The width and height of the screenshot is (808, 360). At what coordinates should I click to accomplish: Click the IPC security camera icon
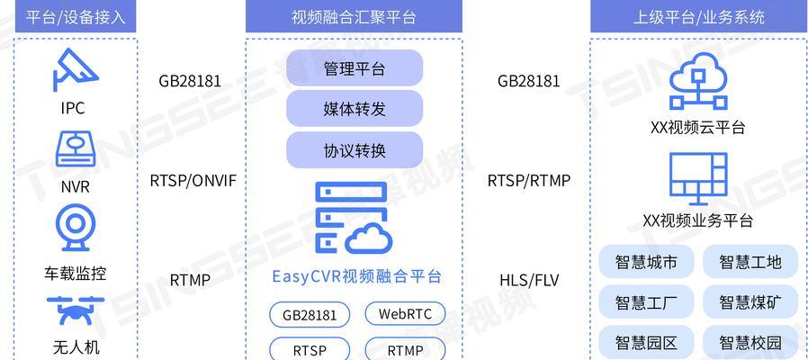click(75, 69)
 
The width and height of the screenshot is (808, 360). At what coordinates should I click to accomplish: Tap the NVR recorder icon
click(76, 149)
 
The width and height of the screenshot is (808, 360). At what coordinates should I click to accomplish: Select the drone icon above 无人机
click(76, 311)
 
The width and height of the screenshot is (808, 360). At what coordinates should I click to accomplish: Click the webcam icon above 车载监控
click(76, 228)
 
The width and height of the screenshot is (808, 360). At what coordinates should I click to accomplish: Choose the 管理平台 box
click(355, 68)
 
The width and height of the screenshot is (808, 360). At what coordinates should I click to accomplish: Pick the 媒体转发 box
click(355, 109)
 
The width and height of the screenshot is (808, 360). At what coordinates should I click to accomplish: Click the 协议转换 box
click(355, 150)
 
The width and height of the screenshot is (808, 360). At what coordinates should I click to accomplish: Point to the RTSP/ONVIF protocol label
click(193, 181)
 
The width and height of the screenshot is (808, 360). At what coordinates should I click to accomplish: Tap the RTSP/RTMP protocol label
click(529, 181)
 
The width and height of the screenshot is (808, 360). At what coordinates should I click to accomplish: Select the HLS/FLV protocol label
click(529, 280)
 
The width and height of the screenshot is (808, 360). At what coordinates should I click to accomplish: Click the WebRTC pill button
click(405, 314)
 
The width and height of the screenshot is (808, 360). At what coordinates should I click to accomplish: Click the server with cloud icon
click(354, 218)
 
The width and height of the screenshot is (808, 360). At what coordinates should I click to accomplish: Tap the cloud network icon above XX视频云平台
click(698, 82)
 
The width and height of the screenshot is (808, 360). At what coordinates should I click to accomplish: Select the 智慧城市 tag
click(646, 262)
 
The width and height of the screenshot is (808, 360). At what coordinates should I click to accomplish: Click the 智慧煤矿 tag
click(750, 301)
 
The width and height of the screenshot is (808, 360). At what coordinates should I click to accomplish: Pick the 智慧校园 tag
click(750, 343)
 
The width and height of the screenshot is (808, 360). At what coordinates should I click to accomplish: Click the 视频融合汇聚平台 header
click(354, 16)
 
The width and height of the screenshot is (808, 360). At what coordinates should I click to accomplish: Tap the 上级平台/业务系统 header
click(699, 16)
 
